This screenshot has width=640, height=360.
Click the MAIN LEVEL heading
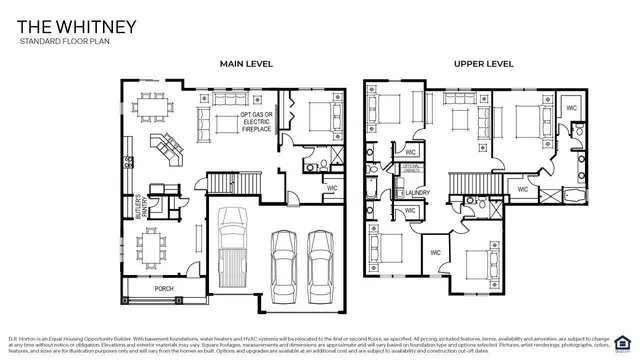246,64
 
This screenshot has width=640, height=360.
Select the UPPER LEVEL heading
483,64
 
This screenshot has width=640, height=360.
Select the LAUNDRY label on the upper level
417,193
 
